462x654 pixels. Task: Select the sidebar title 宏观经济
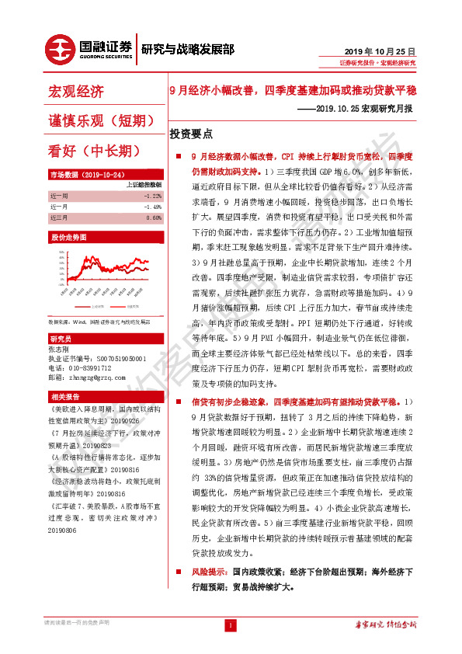76,92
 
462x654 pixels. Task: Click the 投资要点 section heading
191,134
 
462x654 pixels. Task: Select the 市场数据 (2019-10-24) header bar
83,176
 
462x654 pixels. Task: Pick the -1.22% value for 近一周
152,197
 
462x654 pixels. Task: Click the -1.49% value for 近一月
152,207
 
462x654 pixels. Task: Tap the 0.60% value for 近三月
154,218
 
